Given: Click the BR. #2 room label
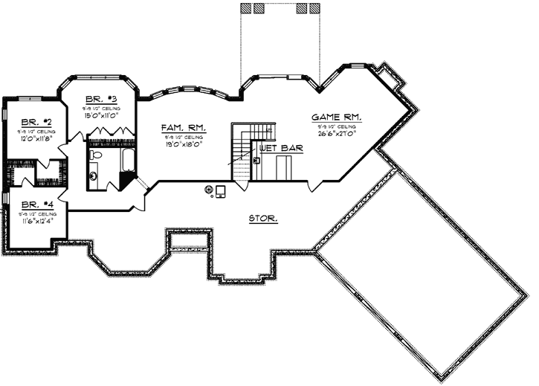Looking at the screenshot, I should coord(35,121).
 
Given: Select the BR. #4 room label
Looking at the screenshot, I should coord(35,204).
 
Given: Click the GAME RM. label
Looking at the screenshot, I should coord(336,118).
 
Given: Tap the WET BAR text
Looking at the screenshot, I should coord(276,148).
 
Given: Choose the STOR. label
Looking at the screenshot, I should coord(263,219).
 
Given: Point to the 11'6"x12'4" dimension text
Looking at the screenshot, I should coord(35,221).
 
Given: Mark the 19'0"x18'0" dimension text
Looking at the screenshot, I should coord(183,146).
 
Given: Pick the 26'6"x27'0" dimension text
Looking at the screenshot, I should coord(336,135).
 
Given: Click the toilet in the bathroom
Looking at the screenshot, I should coord(95,155).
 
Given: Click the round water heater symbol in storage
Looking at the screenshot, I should coord(210,190).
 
